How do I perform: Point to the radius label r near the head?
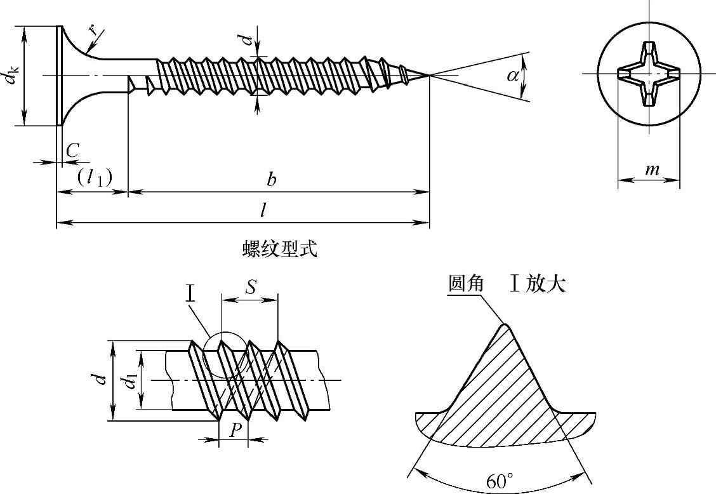[93, 30]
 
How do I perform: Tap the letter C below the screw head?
[72, 150]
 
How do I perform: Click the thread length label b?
[272, 180]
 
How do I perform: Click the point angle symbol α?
[513, 76]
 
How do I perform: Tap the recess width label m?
[651, 170]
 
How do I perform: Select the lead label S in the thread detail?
[251, 287]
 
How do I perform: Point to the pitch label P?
[234, 430]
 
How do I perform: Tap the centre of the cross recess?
[649, 74]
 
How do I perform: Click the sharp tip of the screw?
[429, 76]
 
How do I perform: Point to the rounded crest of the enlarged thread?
[506, 326]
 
